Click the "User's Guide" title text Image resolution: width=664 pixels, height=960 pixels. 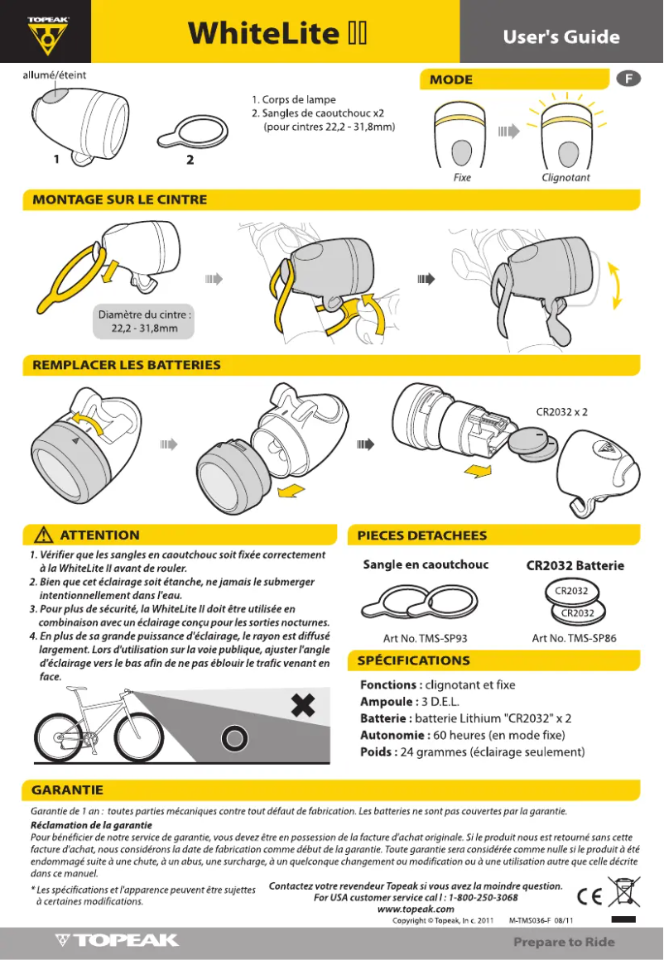[561, 36]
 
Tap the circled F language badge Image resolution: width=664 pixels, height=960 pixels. [629, 79]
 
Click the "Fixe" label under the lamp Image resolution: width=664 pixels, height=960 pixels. [462, 177]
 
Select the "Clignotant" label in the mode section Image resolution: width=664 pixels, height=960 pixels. [565, 177]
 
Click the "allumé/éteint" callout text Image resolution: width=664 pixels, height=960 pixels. [54, 75]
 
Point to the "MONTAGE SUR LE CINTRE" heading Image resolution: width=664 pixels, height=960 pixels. [119, 199]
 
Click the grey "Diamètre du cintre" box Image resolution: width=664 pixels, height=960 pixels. [145, 321]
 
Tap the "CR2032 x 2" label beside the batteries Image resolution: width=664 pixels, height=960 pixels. [562, 410]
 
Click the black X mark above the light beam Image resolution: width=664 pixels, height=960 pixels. [305, 705]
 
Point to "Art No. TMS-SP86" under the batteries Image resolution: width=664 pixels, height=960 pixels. [574, 638]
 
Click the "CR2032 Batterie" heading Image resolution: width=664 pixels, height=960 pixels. [575, 566]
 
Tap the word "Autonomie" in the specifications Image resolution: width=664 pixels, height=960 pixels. [392, 735]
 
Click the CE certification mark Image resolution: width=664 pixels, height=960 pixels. [589, 895]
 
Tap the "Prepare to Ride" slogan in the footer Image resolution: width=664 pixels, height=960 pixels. [563, 942]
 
